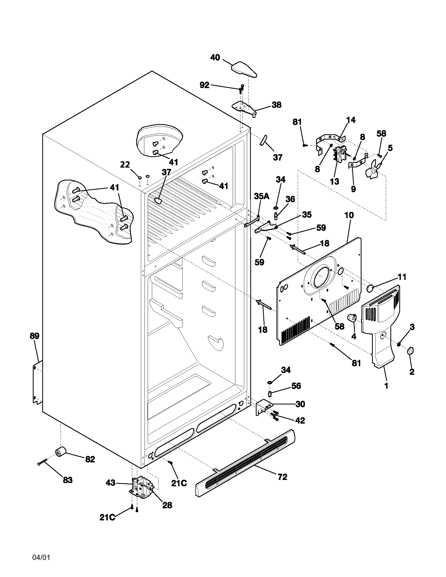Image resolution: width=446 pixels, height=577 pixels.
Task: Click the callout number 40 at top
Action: point(215,58)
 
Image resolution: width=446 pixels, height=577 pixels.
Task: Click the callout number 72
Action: point(282,477)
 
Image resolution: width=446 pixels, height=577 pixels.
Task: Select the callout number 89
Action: point(34,336)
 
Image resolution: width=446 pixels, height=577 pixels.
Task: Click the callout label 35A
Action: point(262,196)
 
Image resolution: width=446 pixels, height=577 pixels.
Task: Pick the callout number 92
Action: point(204,85)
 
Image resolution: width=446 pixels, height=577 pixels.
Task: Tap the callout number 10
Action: point(349,215)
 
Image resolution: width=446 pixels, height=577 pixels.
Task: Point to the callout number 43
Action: point(110,483)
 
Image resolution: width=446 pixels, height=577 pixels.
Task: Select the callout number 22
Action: point(125,165)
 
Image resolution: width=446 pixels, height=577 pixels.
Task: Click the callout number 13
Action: point(334,182)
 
